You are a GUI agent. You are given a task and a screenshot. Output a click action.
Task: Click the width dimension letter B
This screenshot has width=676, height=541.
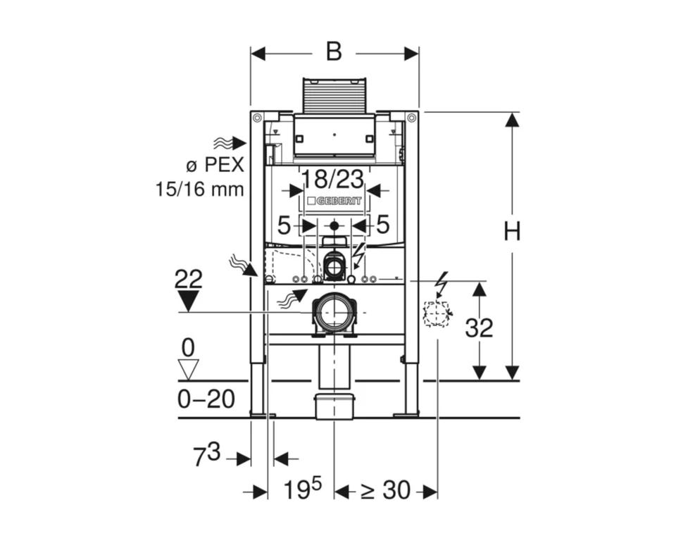334,52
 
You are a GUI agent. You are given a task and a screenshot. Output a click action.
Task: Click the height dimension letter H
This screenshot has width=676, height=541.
512,230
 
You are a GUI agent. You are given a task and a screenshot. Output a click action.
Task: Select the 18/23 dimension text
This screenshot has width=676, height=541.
332,178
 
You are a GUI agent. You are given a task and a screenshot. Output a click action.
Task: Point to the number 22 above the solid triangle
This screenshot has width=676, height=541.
188,279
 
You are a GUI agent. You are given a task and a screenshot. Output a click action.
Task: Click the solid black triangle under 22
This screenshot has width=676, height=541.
188,301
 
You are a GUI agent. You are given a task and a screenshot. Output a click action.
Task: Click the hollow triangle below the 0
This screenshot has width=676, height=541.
188,369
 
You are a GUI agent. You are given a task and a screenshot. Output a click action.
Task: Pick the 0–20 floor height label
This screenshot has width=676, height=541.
206,399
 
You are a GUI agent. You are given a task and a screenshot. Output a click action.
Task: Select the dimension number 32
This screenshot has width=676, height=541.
480,328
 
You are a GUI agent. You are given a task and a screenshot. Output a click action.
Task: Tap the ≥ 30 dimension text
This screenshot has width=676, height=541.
385,491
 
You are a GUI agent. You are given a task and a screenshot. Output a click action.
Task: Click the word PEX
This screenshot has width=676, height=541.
224,166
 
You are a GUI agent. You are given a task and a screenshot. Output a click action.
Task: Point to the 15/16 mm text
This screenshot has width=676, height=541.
199,188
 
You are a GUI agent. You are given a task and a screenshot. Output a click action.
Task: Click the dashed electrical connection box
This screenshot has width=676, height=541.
437,313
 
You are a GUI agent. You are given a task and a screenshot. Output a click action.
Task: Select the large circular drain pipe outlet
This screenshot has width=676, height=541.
334,311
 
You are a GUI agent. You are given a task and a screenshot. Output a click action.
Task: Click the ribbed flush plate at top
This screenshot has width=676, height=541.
334,94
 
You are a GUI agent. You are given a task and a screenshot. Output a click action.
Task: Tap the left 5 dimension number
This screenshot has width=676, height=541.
284,225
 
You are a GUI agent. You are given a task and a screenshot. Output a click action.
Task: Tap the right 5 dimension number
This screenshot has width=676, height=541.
382,225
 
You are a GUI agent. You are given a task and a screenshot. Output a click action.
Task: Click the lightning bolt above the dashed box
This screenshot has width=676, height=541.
442,284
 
